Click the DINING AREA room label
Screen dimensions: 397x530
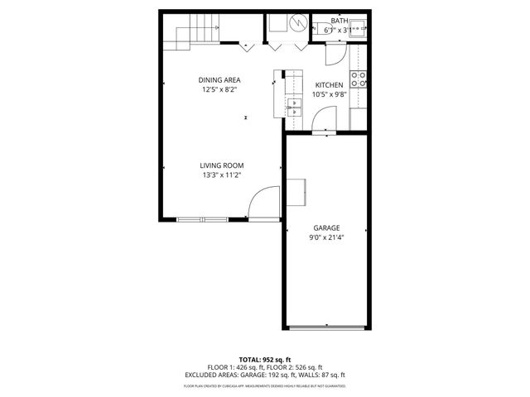coord(219,79)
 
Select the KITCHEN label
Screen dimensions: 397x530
coord(329,85)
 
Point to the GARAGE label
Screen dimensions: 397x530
coord(326,227)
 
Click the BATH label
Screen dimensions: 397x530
coord(339,21)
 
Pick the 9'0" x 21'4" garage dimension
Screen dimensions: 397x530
coord(326,237)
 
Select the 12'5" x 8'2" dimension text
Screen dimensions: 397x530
coord(219,89)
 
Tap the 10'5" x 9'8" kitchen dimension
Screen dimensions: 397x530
coord(329,94)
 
